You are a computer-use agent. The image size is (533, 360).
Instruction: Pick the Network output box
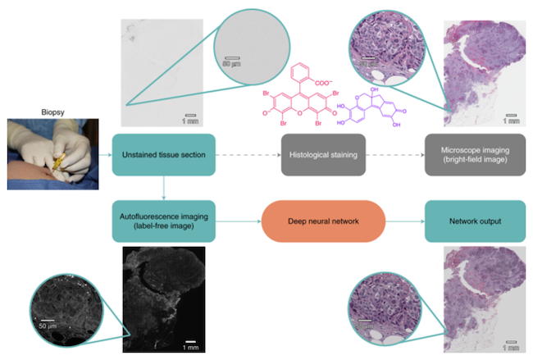click(x=472, y=221)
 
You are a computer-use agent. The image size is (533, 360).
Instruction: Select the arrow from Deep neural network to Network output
click(x=402, y=221)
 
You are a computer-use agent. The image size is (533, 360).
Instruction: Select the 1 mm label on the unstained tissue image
click(x=189, y=121)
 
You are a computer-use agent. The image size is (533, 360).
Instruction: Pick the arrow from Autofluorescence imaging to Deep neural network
click(x=237, y=221)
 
